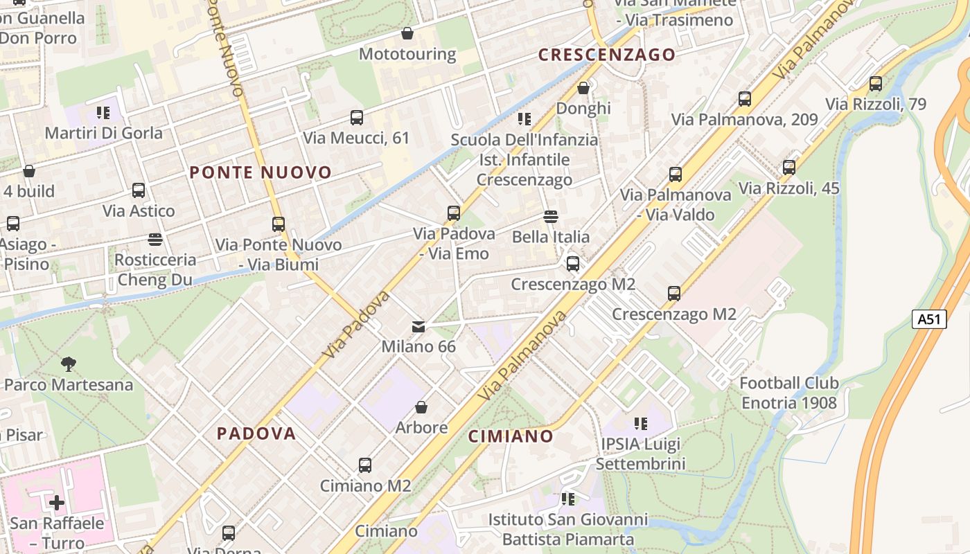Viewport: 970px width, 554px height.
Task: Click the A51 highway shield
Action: (929, 319)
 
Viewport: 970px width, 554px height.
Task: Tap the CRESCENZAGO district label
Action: (607, 55)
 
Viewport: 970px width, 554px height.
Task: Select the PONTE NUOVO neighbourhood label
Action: (261, 172)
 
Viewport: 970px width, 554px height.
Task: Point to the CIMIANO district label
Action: (511, 436)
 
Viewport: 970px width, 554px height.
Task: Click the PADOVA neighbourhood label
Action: (256, 434)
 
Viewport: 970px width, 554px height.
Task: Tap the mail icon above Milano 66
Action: (418, 326)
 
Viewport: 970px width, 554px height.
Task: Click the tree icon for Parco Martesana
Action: (69, 364)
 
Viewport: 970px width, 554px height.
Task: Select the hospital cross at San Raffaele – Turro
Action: (57, 502)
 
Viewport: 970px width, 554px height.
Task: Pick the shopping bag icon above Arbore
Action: (421, 407)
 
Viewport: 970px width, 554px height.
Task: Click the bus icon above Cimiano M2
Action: (365, 465)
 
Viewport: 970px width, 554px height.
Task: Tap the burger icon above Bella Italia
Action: (551, 217)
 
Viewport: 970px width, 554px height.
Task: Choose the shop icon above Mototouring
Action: (407, 33)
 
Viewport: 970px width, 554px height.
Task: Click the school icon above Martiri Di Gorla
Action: (103, 112)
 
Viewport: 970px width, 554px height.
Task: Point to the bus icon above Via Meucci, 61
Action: (357, 118)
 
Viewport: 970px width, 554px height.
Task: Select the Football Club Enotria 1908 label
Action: (789, 393)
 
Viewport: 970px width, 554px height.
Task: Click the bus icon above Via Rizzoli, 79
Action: (876, 84)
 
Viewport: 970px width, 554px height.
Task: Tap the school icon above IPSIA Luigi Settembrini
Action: (640, 423)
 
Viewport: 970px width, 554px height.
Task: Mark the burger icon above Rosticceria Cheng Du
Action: (155, 240)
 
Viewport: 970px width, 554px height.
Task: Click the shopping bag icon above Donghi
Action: (583, 88)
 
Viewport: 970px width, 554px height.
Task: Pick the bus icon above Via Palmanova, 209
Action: (745, 99)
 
